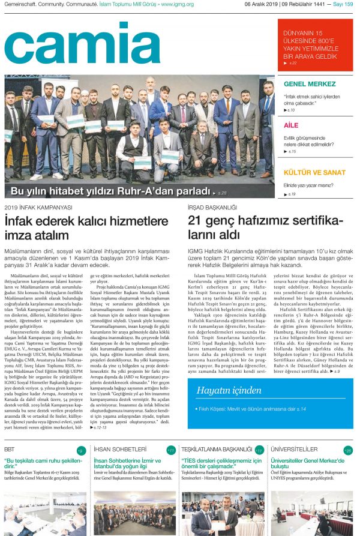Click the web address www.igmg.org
click(176, 4)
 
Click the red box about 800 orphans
click(315, 46)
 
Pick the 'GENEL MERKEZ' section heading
click(310, 84)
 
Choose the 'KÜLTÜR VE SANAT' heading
click(314, 172)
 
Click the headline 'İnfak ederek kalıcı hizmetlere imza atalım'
click(86, 227)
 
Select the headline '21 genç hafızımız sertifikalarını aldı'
click(265, 227)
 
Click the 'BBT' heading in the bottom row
click(10, 449)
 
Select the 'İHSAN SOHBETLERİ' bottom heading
click(121, 449)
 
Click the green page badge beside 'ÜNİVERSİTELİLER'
click(349, 450)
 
